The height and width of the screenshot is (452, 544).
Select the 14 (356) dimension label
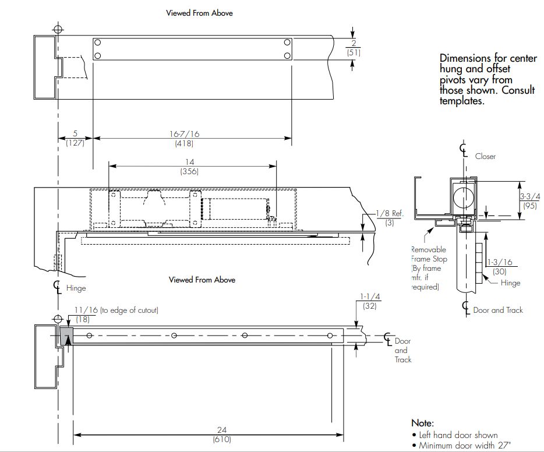pos(190,166)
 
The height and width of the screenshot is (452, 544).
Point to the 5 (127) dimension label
pos(75,138)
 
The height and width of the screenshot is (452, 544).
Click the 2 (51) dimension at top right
pos(353,47)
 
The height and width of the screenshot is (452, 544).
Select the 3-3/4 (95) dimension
pos(530,200)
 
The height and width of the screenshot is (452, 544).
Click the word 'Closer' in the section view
pos(485,156)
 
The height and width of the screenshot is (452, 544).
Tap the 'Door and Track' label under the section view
pos(498,310)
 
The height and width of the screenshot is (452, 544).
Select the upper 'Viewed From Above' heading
pos(200,13)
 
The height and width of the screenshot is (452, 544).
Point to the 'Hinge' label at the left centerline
pos(76,288)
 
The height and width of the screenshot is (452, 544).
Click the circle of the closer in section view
pos(464,195)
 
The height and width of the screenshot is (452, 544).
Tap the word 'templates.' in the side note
pos(462,100)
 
